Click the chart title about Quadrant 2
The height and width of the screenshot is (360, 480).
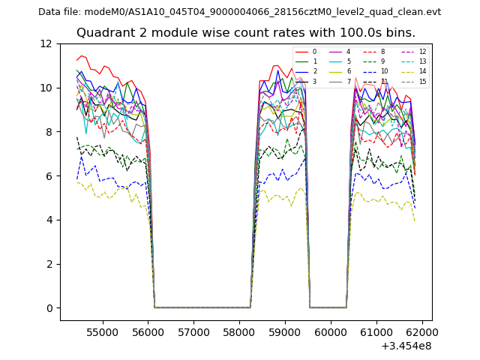click(x=246, y=33)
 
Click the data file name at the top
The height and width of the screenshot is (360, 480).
click(x=239, y=12)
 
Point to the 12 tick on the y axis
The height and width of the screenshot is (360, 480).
click(x=50, y=44)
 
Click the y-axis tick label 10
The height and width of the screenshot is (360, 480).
click(x=50, y=88)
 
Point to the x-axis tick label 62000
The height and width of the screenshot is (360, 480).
click(x=421, y=331)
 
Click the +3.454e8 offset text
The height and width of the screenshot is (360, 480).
click(x=406, y=346)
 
